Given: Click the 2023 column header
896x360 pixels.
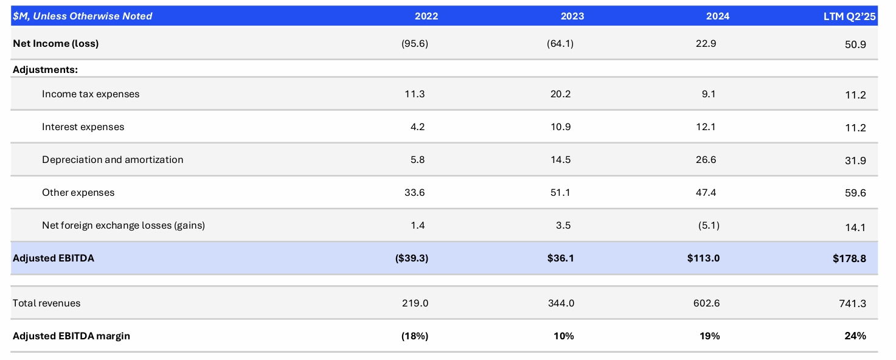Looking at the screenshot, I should point(572,16).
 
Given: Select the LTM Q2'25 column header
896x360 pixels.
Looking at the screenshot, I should point(849,16).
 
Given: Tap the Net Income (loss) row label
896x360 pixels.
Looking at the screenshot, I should point(55,44).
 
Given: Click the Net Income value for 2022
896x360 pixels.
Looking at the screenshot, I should point(415,44).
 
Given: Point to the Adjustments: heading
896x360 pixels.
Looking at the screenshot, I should point(45,69).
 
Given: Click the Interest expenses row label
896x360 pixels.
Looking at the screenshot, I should point(83,127).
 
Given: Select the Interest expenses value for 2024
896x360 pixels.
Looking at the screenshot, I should point(708,127).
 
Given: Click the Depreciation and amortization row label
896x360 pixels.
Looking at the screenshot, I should point(113,160).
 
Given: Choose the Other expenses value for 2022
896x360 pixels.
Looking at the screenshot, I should point(414,193).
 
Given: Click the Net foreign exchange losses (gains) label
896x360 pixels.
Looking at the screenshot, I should point(123,226).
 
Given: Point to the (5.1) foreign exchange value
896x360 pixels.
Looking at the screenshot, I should point(709,226).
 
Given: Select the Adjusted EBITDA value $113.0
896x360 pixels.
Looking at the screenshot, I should point(703,258).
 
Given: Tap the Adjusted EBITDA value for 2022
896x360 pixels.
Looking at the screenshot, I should point(411,258).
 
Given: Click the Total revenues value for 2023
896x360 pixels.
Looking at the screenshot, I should point(561,303).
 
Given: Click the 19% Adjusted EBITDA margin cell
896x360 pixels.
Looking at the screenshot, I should point(709,336).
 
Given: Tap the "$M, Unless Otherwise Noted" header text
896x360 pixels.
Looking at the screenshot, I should point(83,16).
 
